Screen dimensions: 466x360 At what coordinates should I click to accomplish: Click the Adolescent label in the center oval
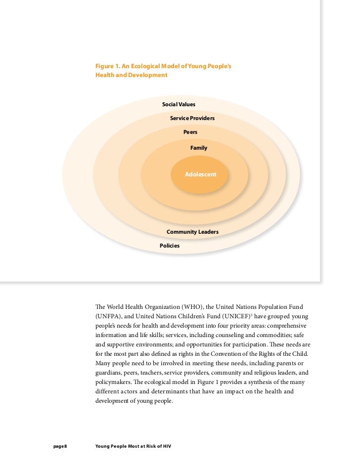click(x=200, y=174)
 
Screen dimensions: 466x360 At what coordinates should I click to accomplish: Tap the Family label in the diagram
click(x=199, y=148)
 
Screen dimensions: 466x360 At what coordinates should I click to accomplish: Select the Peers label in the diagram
click(x=190, y=132)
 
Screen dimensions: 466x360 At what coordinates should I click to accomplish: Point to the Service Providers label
click(x=192, y=119)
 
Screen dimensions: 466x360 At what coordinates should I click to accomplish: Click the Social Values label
click(x=179, y=104)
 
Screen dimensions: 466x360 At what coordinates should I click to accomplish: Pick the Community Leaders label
click(x=192, y=232)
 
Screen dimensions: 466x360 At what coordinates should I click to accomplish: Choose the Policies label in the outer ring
click(x=170, y=246)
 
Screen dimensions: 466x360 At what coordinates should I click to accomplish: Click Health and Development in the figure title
click(x=131, y=75)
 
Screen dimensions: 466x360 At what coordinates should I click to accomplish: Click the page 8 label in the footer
click(x=60, y=447)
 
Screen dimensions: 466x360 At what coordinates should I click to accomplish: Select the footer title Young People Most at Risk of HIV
click(x=133, y=447)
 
